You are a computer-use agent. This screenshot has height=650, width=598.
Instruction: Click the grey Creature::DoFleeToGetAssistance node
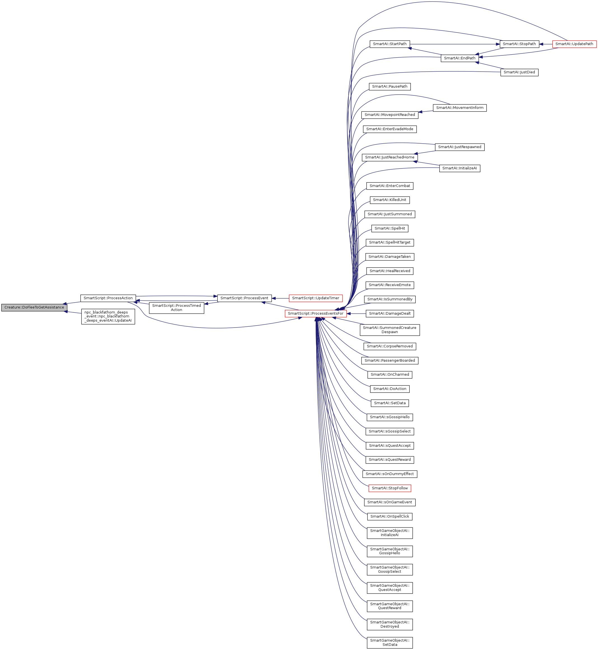click(x=34, y=307)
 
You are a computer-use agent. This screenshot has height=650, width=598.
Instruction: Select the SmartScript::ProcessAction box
click(x=108, y=298)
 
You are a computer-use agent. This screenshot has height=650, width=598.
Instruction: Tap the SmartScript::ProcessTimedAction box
click(x=176, y=308)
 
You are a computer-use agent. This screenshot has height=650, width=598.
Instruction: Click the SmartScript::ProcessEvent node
click(x=244, y=298)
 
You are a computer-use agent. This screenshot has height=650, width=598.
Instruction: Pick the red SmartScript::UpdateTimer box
click(x=315, y=298)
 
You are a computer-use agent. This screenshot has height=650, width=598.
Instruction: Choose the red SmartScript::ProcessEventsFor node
click(x=315, y=313)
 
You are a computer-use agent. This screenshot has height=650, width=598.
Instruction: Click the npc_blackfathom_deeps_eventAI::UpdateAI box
click(x=108, y=316)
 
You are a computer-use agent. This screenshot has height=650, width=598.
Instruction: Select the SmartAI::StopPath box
click(x=519, y=44)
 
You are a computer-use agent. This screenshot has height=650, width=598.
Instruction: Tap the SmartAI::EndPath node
click(x=459, y=58)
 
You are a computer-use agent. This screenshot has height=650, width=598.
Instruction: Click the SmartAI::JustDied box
click(x=519, y=72)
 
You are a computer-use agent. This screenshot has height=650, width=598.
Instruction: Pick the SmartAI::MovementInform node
click(x=459, y=108)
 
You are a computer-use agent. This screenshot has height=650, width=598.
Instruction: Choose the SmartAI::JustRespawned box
click(x=459, y=147)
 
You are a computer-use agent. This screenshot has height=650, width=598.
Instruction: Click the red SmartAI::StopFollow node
click(x=390, y=488)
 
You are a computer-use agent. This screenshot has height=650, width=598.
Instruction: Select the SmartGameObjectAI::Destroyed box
click(x=390, y=624)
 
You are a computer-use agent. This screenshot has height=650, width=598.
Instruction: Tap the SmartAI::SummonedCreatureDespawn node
click(x=390, y=329)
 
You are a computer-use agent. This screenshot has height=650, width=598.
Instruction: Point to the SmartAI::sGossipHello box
click(x=390, y=417)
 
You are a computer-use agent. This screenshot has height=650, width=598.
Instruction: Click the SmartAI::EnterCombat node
click(x=390, y=186)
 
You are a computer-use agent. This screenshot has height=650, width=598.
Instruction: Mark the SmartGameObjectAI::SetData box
click(x=390, y=642)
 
